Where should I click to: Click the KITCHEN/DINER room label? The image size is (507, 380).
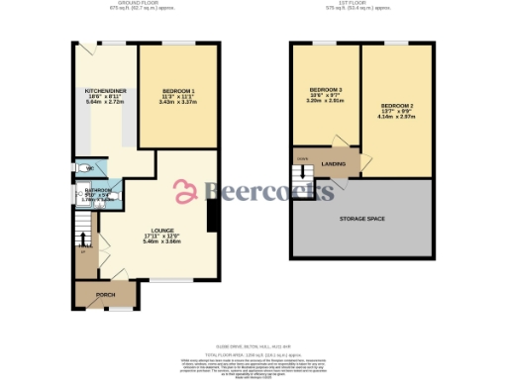tap(104, 90)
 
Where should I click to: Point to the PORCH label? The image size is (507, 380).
tap(105, 295)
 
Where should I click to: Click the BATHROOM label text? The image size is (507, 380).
tap(98, 191)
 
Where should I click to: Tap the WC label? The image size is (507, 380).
tap(90, 168)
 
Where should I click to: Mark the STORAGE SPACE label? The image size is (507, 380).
tap(361, 218)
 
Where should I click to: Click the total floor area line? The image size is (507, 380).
tap(253, 351)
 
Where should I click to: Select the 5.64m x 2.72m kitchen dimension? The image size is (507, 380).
tap(104, 102)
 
